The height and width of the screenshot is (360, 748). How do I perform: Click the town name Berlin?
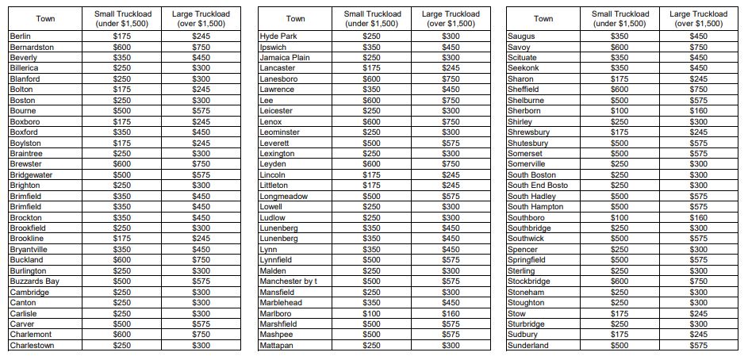[x=20, y=36]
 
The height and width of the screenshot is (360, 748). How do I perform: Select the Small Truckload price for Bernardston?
[x=121, y=47]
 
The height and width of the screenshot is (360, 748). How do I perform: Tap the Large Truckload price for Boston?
[x=201, y=100]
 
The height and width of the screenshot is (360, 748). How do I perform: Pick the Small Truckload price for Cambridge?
[x=121, y=292]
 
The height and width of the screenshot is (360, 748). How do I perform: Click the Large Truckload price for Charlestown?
[x=201, y=345]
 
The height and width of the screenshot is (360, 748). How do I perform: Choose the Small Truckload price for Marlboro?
[x=371, y=313]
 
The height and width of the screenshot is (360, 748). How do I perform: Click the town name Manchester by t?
[x=289, y=281]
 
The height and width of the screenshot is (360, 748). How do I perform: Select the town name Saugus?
[x=521, y=36]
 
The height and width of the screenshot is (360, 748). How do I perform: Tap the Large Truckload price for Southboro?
[x=699, y=217]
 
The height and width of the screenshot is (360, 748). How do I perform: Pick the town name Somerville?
[x=527, y=164]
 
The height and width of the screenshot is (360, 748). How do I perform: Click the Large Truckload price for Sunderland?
[x=699, y=345]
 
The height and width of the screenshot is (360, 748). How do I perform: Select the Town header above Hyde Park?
[x=296, y=18]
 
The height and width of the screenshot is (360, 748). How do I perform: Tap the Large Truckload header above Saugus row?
[x=699, y=18]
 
